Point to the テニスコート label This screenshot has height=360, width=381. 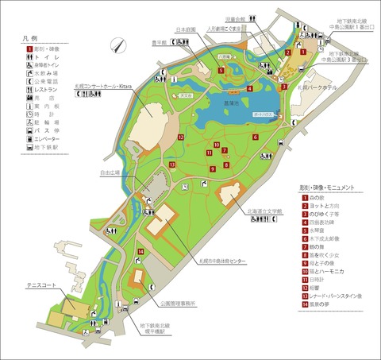[x=40, y=283]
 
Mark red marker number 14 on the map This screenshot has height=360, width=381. [x=140, y=252]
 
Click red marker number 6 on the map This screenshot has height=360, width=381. [x=255, y=137]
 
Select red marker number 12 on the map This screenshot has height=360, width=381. [x=181, y=137]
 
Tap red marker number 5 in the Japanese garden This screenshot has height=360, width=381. [x=221, y=70]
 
